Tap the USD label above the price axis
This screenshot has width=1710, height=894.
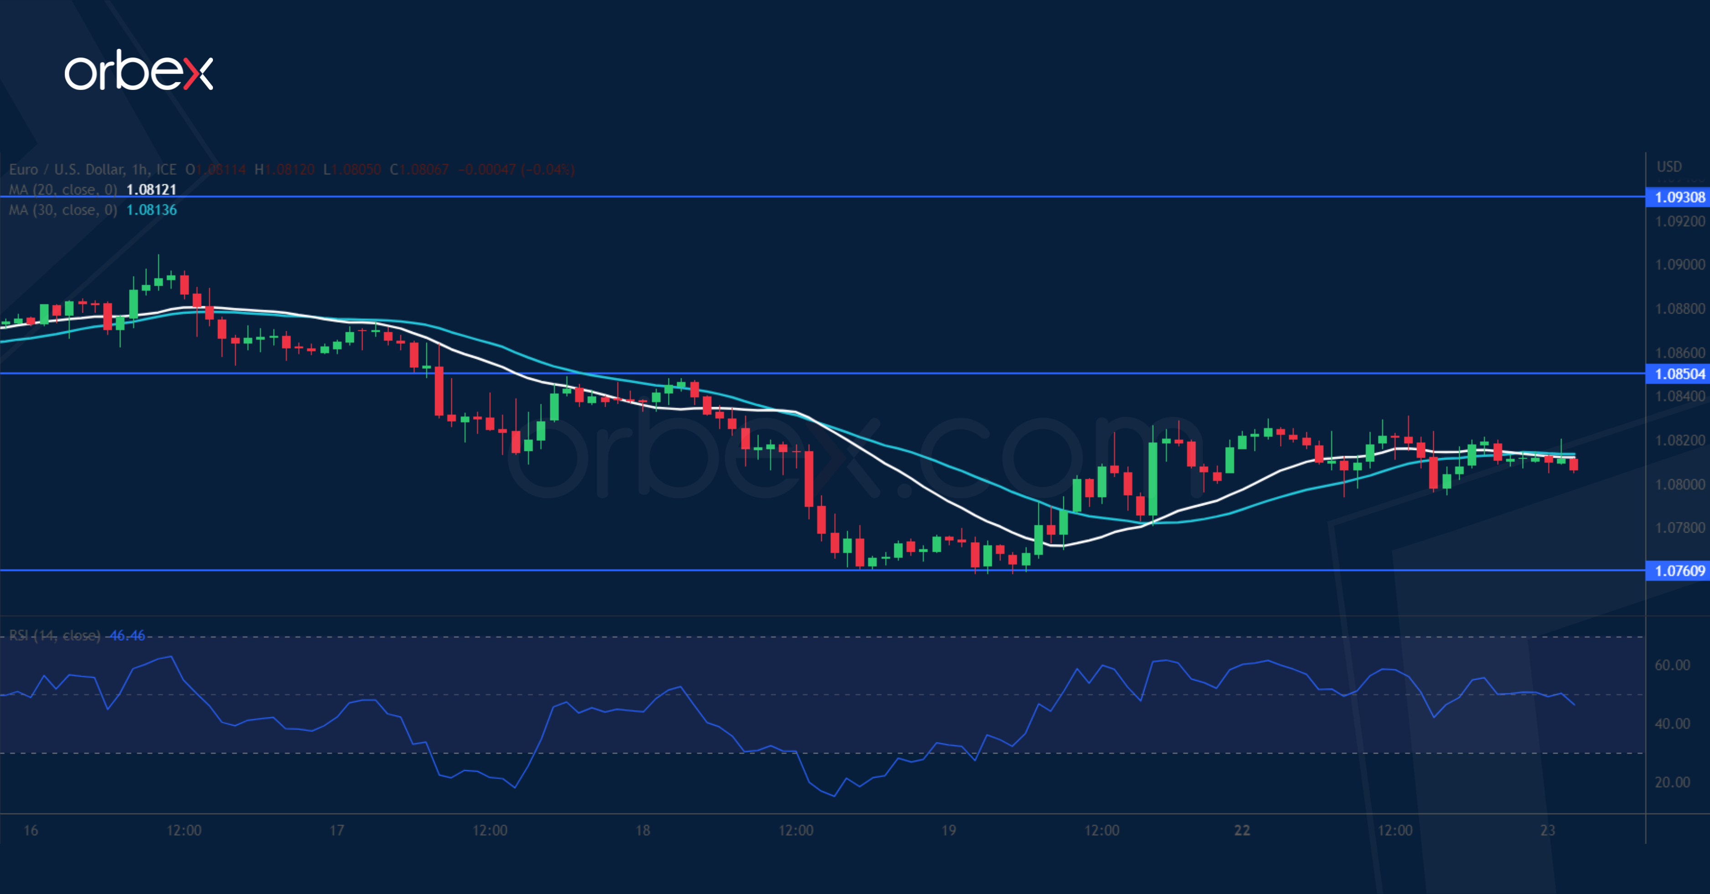(1669, 167)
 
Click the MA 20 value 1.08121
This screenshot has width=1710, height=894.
(151, 190)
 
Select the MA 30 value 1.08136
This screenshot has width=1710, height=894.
(151, 210)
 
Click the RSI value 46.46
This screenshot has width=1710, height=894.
(127, 636)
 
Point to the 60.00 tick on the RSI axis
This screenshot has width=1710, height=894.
(1672, 665)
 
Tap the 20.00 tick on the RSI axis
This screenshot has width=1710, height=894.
(1672, 782)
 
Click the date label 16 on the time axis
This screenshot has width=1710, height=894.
(31, 830)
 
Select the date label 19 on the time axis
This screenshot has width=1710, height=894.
(948, 830)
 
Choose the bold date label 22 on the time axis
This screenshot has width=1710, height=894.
(1241, 830)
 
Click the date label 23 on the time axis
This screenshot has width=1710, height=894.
(1547, 830)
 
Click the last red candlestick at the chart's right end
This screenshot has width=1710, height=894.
(1573, 464)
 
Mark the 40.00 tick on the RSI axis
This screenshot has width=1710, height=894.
(1672, 724)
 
